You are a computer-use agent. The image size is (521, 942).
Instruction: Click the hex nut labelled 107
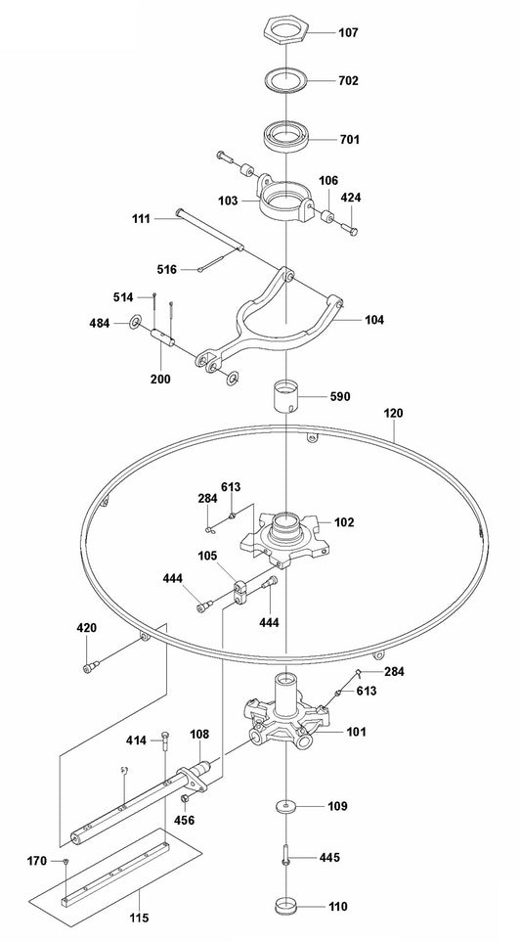point(284,31)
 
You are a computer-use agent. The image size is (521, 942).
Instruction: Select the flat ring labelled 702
point(284,80)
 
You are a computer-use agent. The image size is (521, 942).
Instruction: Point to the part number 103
point(228,200)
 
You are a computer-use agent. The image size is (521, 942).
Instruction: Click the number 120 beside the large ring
point(392,414)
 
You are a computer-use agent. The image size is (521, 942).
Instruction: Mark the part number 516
point(167,268)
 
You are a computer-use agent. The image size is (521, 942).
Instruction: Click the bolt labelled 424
point(351,229)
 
